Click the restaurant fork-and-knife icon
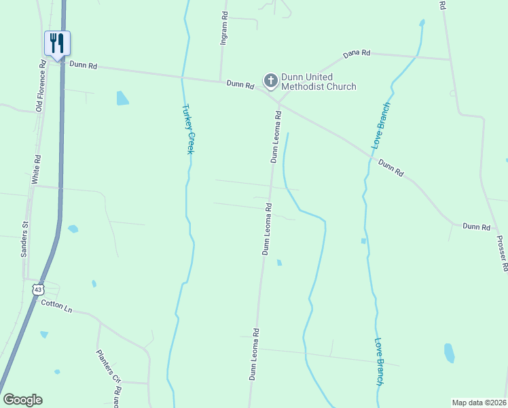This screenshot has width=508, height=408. (57, 43)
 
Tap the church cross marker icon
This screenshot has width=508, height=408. (270, 82)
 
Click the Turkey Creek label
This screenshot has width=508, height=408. (188, 129)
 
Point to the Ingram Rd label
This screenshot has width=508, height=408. (223, 29)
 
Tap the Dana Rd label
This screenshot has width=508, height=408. (357, 53)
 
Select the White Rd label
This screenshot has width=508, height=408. (37, 169)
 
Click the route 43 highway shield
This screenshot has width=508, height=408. (38, 289)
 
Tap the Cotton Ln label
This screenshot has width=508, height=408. (56, 306)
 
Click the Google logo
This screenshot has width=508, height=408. (22, 400)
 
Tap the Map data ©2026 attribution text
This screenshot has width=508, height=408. (479, 402)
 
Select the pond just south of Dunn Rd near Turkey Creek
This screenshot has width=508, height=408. (122, 98)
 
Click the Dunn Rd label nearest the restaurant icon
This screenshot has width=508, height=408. (83, 66)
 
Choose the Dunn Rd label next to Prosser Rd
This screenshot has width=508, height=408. (476, 226)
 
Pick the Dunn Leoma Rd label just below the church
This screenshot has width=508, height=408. (276, 137)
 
